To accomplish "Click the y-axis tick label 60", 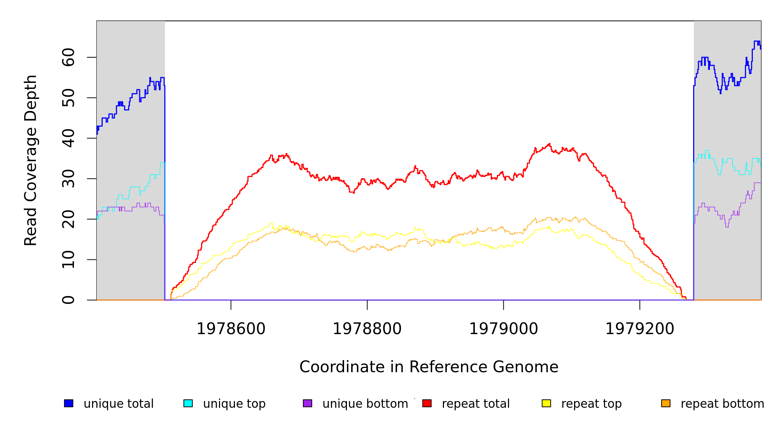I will tap(68, 57).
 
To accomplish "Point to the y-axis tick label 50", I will tap(68, 98).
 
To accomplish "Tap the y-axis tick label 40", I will tap(68, 138).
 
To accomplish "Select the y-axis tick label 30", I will tap(68, 179).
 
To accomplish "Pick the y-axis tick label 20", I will tap(68, 219).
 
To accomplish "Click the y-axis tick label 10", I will tap(68, 259).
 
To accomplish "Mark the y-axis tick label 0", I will tap(68, 300).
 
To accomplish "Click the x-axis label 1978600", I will tap(231, 329).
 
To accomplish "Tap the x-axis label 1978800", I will tap(367, 329).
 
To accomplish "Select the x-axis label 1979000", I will tap(504, 329).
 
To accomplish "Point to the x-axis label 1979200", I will tap(640, 329).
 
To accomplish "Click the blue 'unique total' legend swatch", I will tap(69, 403).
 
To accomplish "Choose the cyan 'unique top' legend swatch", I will tap(188, 403).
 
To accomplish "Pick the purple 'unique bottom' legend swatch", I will tap(307, 403).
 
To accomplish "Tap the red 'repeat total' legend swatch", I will tap(427, 403).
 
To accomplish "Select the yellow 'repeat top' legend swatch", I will tap(546, 403).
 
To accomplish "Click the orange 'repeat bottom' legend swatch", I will tap(666, 403).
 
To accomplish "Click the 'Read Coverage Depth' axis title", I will tap(31, 160).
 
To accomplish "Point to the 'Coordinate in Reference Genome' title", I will tap(429, 367).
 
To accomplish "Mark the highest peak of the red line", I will tap(550, 144).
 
